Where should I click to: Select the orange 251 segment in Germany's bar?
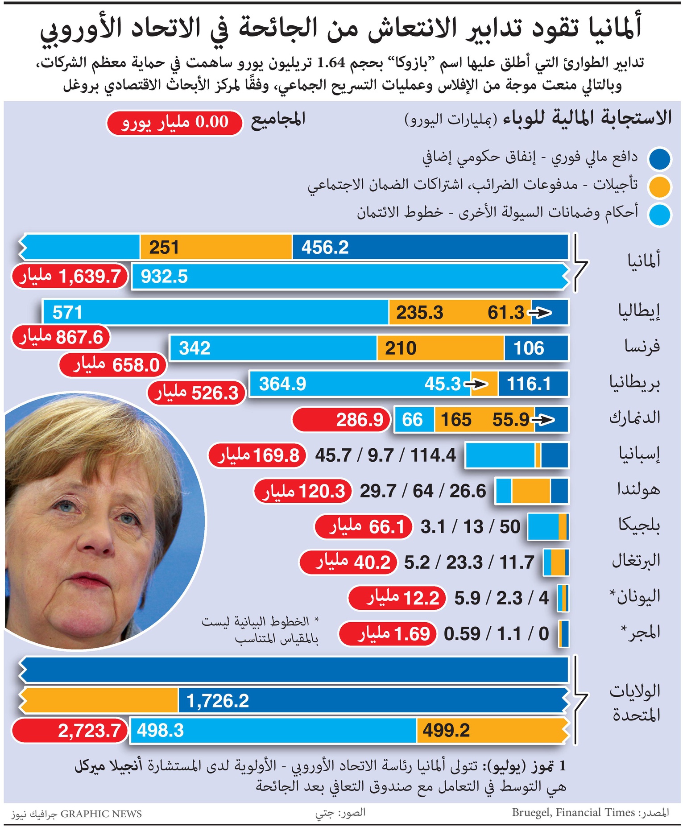pyautogui.click(x=216, y=247)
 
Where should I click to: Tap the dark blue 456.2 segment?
pyautogui.click(x=430, y=247)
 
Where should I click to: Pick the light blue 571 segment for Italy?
pyautogui.click(x=216, y=312)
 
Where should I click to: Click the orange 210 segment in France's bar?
pyautogui.click(x=440, y=348)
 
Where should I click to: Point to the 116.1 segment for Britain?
pyautogui.click(x=533, y=384)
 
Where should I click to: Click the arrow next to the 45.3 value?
pyautogui.click(x=476, y=384)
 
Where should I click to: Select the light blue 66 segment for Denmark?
pyautogui.click(x=414, y=420)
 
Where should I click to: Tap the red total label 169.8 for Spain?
pyautogui.click(x=257, y=455)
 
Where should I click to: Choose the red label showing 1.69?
pyautogui.click(x=387, y=634)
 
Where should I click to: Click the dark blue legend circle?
pyautogui.click(x=660, y=159)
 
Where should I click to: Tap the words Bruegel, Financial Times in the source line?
pyautogui.click(x=573, y=812)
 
